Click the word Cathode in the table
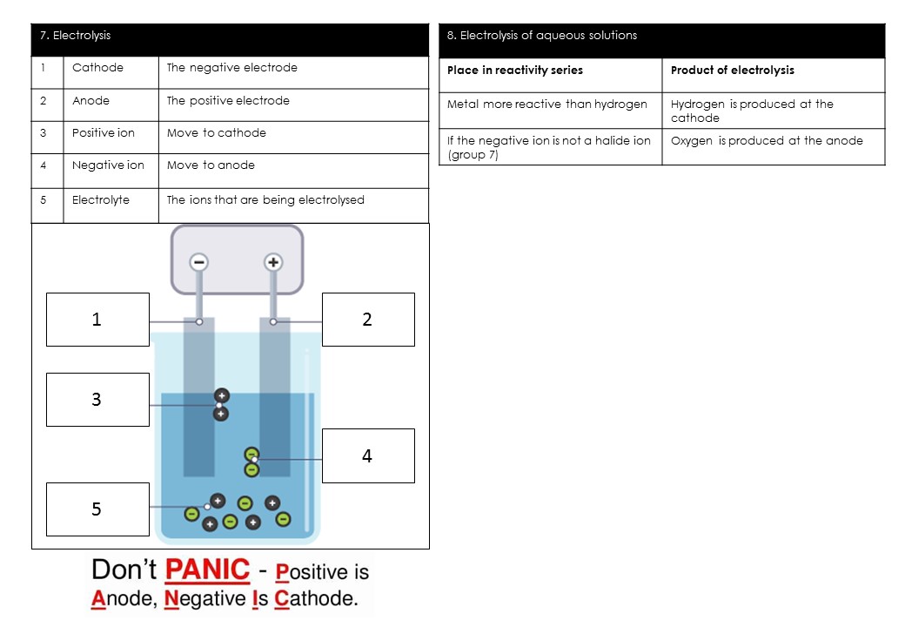pos(97,68)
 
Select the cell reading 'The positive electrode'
pos(228,101)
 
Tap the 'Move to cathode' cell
pos(217,133)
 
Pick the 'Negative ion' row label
pos(108,165)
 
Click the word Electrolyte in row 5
pos(101,200)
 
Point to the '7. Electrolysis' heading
pos(76,36)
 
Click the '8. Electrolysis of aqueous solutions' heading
pos(541,36)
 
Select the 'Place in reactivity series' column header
pos(515,71)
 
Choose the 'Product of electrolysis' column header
pos(732,71)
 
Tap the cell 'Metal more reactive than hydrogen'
pos(547,104)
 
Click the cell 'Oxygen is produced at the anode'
pos(767,141)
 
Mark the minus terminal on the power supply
pos(199,262)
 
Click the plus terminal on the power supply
pos(273,262)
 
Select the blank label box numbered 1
pos(97,320)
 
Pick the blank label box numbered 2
pos(368,320)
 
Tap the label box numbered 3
pos(97,400)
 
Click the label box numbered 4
pos(368,455)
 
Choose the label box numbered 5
pos(97,509)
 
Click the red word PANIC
pos(207,570)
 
